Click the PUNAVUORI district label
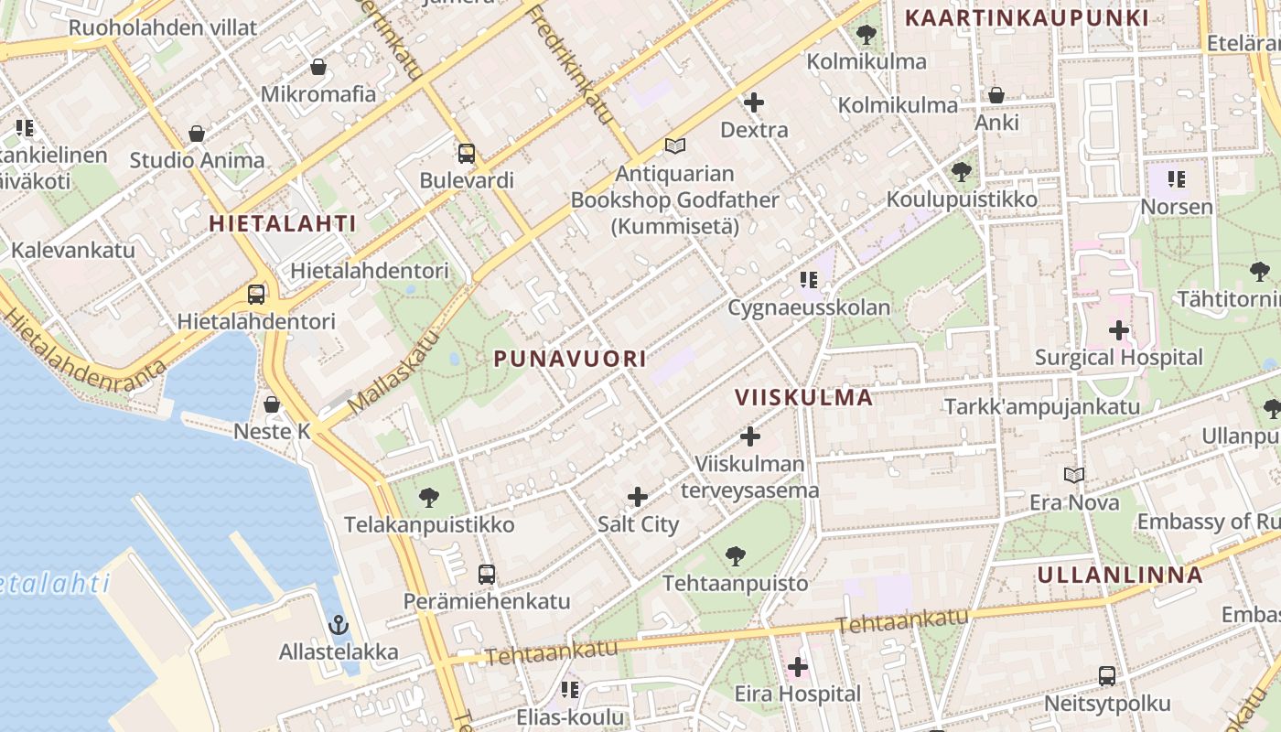click(570, 359)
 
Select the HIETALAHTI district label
click(282, 223)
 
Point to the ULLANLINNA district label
click(1120, 575)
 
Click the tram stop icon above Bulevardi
click(467, 154)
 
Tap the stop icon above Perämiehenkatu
click(487, 575)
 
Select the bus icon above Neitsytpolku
click(1107, 676)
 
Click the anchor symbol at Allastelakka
click(339, 625)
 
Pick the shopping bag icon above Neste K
click(272, 404)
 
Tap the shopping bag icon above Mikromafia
click(318, 67)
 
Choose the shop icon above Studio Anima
click(197, 134)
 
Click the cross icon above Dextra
click(754, 102)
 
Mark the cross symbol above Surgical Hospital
click(1118, 330)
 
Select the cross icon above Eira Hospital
click(798, 667)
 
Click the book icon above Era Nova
click(1074, 475)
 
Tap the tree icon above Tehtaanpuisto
click(735, 555)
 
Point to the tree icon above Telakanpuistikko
click(428, 498)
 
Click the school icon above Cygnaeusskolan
click(808, 280)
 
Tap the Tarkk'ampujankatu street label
click(1041, 406)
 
